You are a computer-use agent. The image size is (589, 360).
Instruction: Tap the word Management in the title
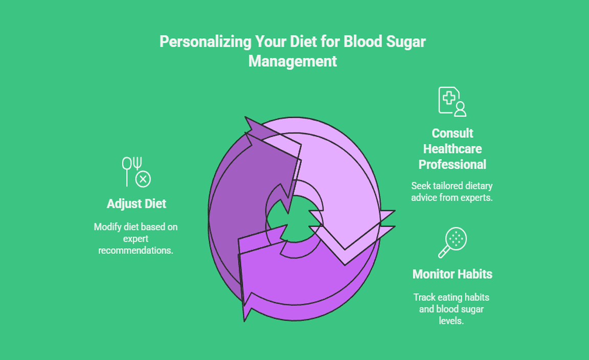coord(292,61)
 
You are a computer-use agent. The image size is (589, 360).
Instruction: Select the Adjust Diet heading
coord(137,204)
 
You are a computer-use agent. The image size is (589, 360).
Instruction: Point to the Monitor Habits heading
coord(452,274)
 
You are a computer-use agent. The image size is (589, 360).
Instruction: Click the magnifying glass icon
coord(452,243)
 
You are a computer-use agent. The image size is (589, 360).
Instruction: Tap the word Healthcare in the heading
coord(452,149)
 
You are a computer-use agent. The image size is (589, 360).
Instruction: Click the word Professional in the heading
coord(452,164)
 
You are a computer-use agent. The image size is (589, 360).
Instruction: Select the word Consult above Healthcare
coord(452,133)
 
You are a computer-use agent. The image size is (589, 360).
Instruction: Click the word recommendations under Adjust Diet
coord(136,250)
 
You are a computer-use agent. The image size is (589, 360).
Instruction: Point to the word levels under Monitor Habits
coord(451,321)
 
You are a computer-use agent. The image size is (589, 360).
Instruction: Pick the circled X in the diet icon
coord(143,179)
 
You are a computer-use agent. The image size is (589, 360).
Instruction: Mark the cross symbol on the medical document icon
coord(448,97)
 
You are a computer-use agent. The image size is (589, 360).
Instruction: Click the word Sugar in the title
coord(406,42)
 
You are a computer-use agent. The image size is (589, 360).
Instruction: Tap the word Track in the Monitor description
coord(424,297)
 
